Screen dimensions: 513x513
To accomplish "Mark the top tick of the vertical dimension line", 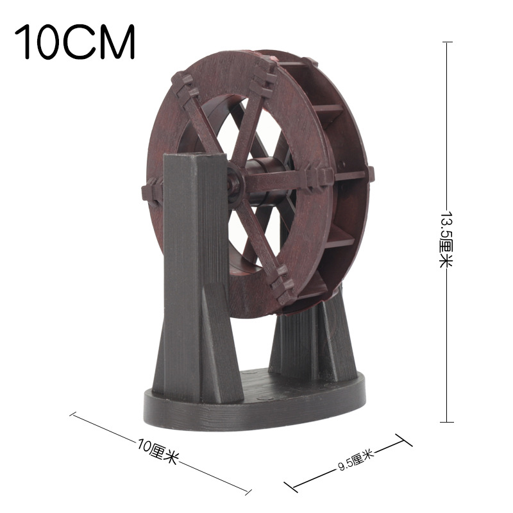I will [448, 42].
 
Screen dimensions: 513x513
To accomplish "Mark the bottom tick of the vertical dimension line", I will [448, 421].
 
